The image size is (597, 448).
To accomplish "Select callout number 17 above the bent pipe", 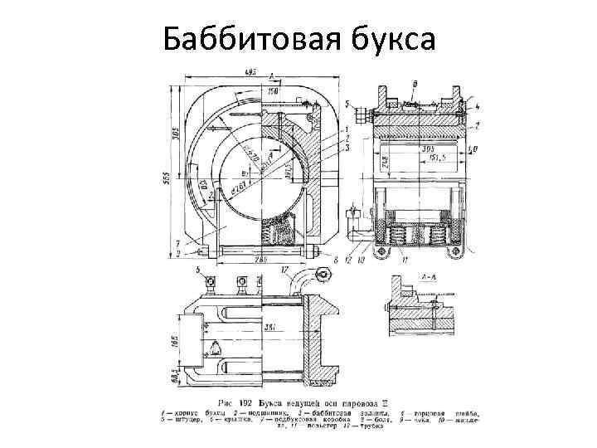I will pos(284,270).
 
